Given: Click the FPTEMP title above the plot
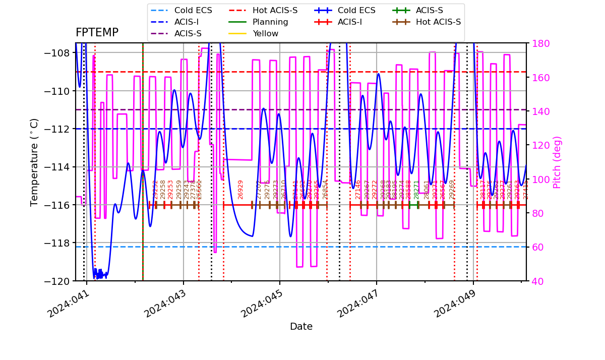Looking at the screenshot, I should [x=97, y=33].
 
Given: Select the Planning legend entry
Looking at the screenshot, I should [x=270, y=22].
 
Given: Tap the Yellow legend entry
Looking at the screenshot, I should [x=265, y=34].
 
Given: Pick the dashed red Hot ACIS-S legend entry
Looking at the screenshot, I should [x=275, y=11].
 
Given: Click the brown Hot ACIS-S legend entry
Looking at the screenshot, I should [x=438, y=22].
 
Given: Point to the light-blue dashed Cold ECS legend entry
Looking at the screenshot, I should [x=193, y=11].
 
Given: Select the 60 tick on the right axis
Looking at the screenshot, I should [x=537, y=247].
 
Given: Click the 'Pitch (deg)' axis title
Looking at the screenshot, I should [x=557, y=162].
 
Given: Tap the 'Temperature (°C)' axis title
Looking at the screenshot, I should [x=34, y=162].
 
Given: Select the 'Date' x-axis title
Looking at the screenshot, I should [x=301, y=327].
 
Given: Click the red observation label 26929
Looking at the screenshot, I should [x=240, y=190].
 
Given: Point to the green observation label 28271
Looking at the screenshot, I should [x=416, y=190].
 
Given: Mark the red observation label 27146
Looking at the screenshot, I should [x=358, y=190].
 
